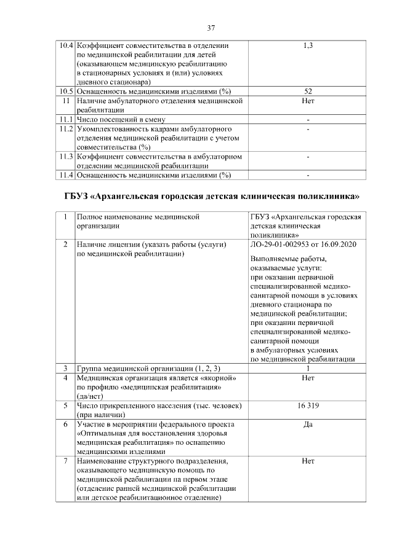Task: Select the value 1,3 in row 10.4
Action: coord(308,46)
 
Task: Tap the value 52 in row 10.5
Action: coord(308,91)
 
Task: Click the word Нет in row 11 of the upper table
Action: coord(308,100)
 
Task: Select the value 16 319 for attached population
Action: coord(308,405)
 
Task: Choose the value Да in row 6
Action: coord(308,424)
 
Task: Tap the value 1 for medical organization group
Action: coord(308,369)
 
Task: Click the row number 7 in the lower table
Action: coord(65,461)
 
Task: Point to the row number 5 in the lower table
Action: coord(65,405)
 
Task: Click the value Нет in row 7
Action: coord(308,461)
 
